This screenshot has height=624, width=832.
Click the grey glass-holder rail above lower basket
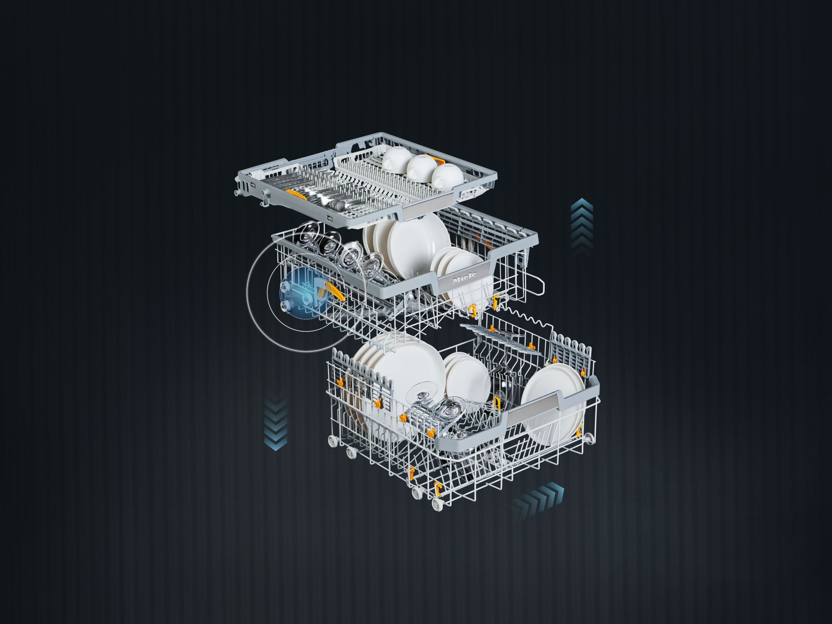coord(498,341)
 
